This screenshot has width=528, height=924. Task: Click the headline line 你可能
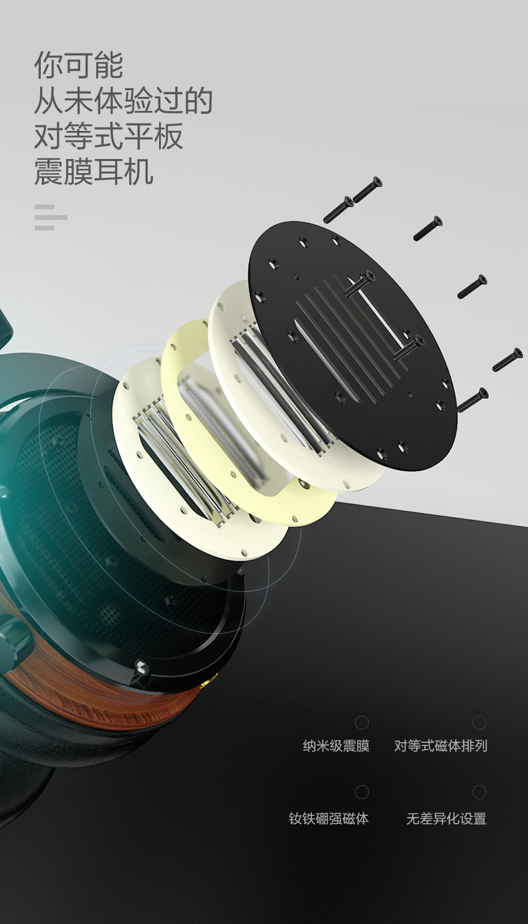click(x=78, y=65)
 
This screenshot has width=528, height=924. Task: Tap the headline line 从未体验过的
click(x=123, y=100)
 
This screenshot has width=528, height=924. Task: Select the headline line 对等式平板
click(x=108, y=136)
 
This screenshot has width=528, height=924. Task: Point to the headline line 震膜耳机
click(x=94, y=171)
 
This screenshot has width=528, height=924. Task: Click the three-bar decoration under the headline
click(x=50, y=217)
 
